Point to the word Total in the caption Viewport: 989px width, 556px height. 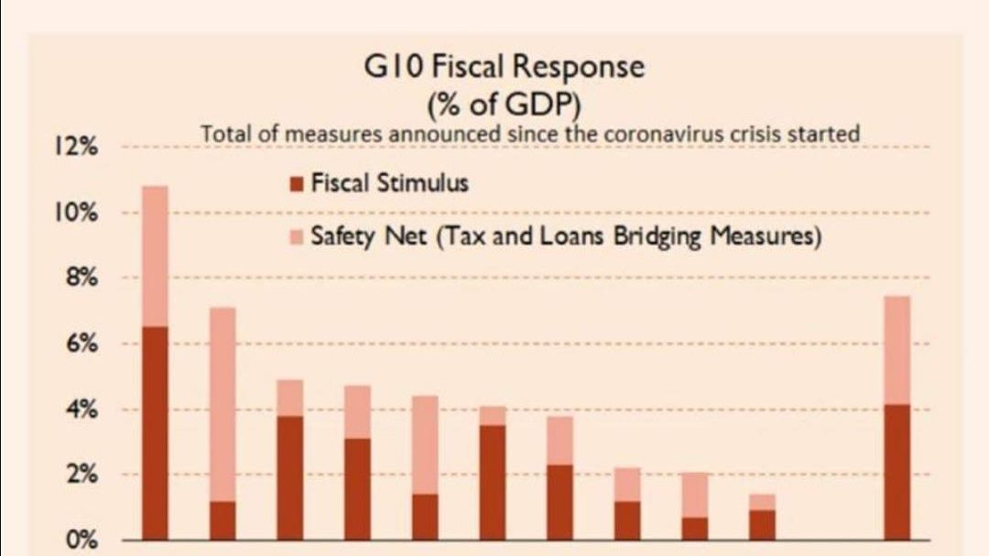click(224, 134)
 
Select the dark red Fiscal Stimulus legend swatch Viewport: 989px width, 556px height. click(296, 184)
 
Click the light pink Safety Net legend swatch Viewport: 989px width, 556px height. click(296, 238)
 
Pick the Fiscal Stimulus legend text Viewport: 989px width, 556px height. click(389, 183)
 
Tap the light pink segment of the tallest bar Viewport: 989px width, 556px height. click(156, 256)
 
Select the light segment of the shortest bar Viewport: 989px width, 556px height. click(762, 502)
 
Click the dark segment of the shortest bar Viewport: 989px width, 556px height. click(762, 525)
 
